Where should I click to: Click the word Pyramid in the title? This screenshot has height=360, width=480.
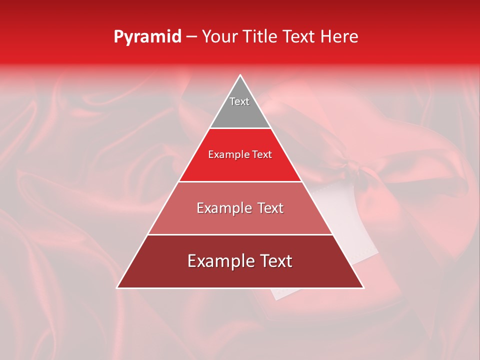pyautogui.click(x=147, y=37)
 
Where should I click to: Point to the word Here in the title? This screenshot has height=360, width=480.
pyautogui.click(x=339, y=37)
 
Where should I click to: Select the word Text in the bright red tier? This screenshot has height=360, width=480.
pyautogui.click(x=262, y=155)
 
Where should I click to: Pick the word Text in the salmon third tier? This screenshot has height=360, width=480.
pyautogui.click(x=270, y=208)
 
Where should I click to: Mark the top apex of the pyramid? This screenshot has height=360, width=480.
pyautogui.click(x=240, y=75)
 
